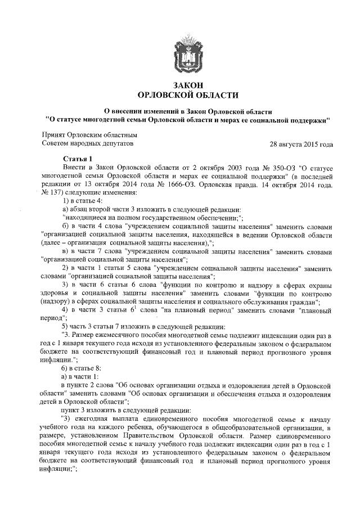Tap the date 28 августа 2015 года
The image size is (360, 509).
click(x=301, y=145)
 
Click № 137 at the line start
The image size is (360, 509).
click(x=51, y=191)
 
